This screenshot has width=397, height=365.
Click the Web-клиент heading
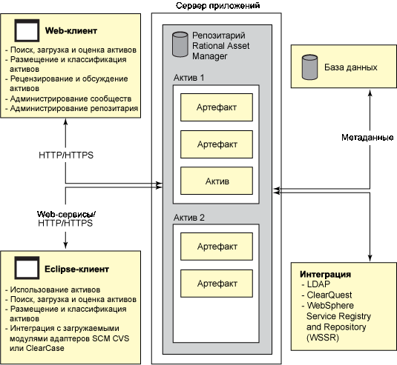tap(71, 31)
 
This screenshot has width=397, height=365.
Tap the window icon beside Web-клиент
tap(27, 30)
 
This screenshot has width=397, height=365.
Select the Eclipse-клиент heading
tap(76, 269)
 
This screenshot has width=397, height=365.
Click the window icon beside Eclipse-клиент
tap(27, 268)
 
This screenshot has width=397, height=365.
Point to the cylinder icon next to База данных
tap(310, 67)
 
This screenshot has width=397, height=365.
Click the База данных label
tap(351, 67)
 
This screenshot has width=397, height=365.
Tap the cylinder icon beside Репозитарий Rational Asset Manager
tap(180, 44)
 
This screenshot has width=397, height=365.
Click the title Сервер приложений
tap(217, 6)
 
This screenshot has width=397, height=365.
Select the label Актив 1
tap(189, 78)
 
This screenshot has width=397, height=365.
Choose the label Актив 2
tap(189, 218)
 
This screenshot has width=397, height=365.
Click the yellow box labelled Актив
tap(217, 181)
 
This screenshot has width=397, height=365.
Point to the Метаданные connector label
tap(367, 138)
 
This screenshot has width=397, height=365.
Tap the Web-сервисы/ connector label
tap(66, 214)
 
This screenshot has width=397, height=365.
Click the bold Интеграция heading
tap(325, 275)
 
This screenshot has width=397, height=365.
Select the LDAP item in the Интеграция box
tap(318, 284)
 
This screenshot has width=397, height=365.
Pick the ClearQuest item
tap(329, 295)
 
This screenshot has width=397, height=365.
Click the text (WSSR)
tap(323, 338)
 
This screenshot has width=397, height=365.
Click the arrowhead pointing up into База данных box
tap(370, 93)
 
